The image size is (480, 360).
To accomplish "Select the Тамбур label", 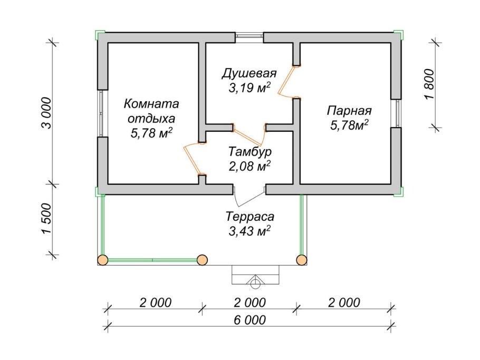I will tap(249, 152).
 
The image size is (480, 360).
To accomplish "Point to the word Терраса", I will tap(250, 216).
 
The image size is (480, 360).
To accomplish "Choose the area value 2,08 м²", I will tap(249, 167).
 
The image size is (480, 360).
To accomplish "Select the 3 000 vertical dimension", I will tap(47, 113).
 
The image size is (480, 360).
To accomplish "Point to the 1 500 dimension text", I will tap(47, 219).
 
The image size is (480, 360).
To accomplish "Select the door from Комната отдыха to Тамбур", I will tap(193, 159).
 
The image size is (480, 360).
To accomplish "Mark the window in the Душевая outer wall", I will tap(249, 37).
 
